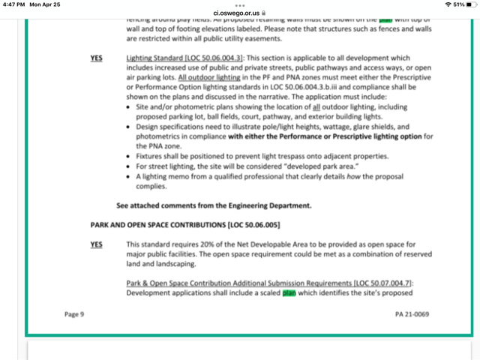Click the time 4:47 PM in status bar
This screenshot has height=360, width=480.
15,4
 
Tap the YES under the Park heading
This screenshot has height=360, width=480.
96,244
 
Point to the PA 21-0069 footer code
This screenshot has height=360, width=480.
410,314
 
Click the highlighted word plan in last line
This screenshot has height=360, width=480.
289,293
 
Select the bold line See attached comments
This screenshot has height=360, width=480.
214,205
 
